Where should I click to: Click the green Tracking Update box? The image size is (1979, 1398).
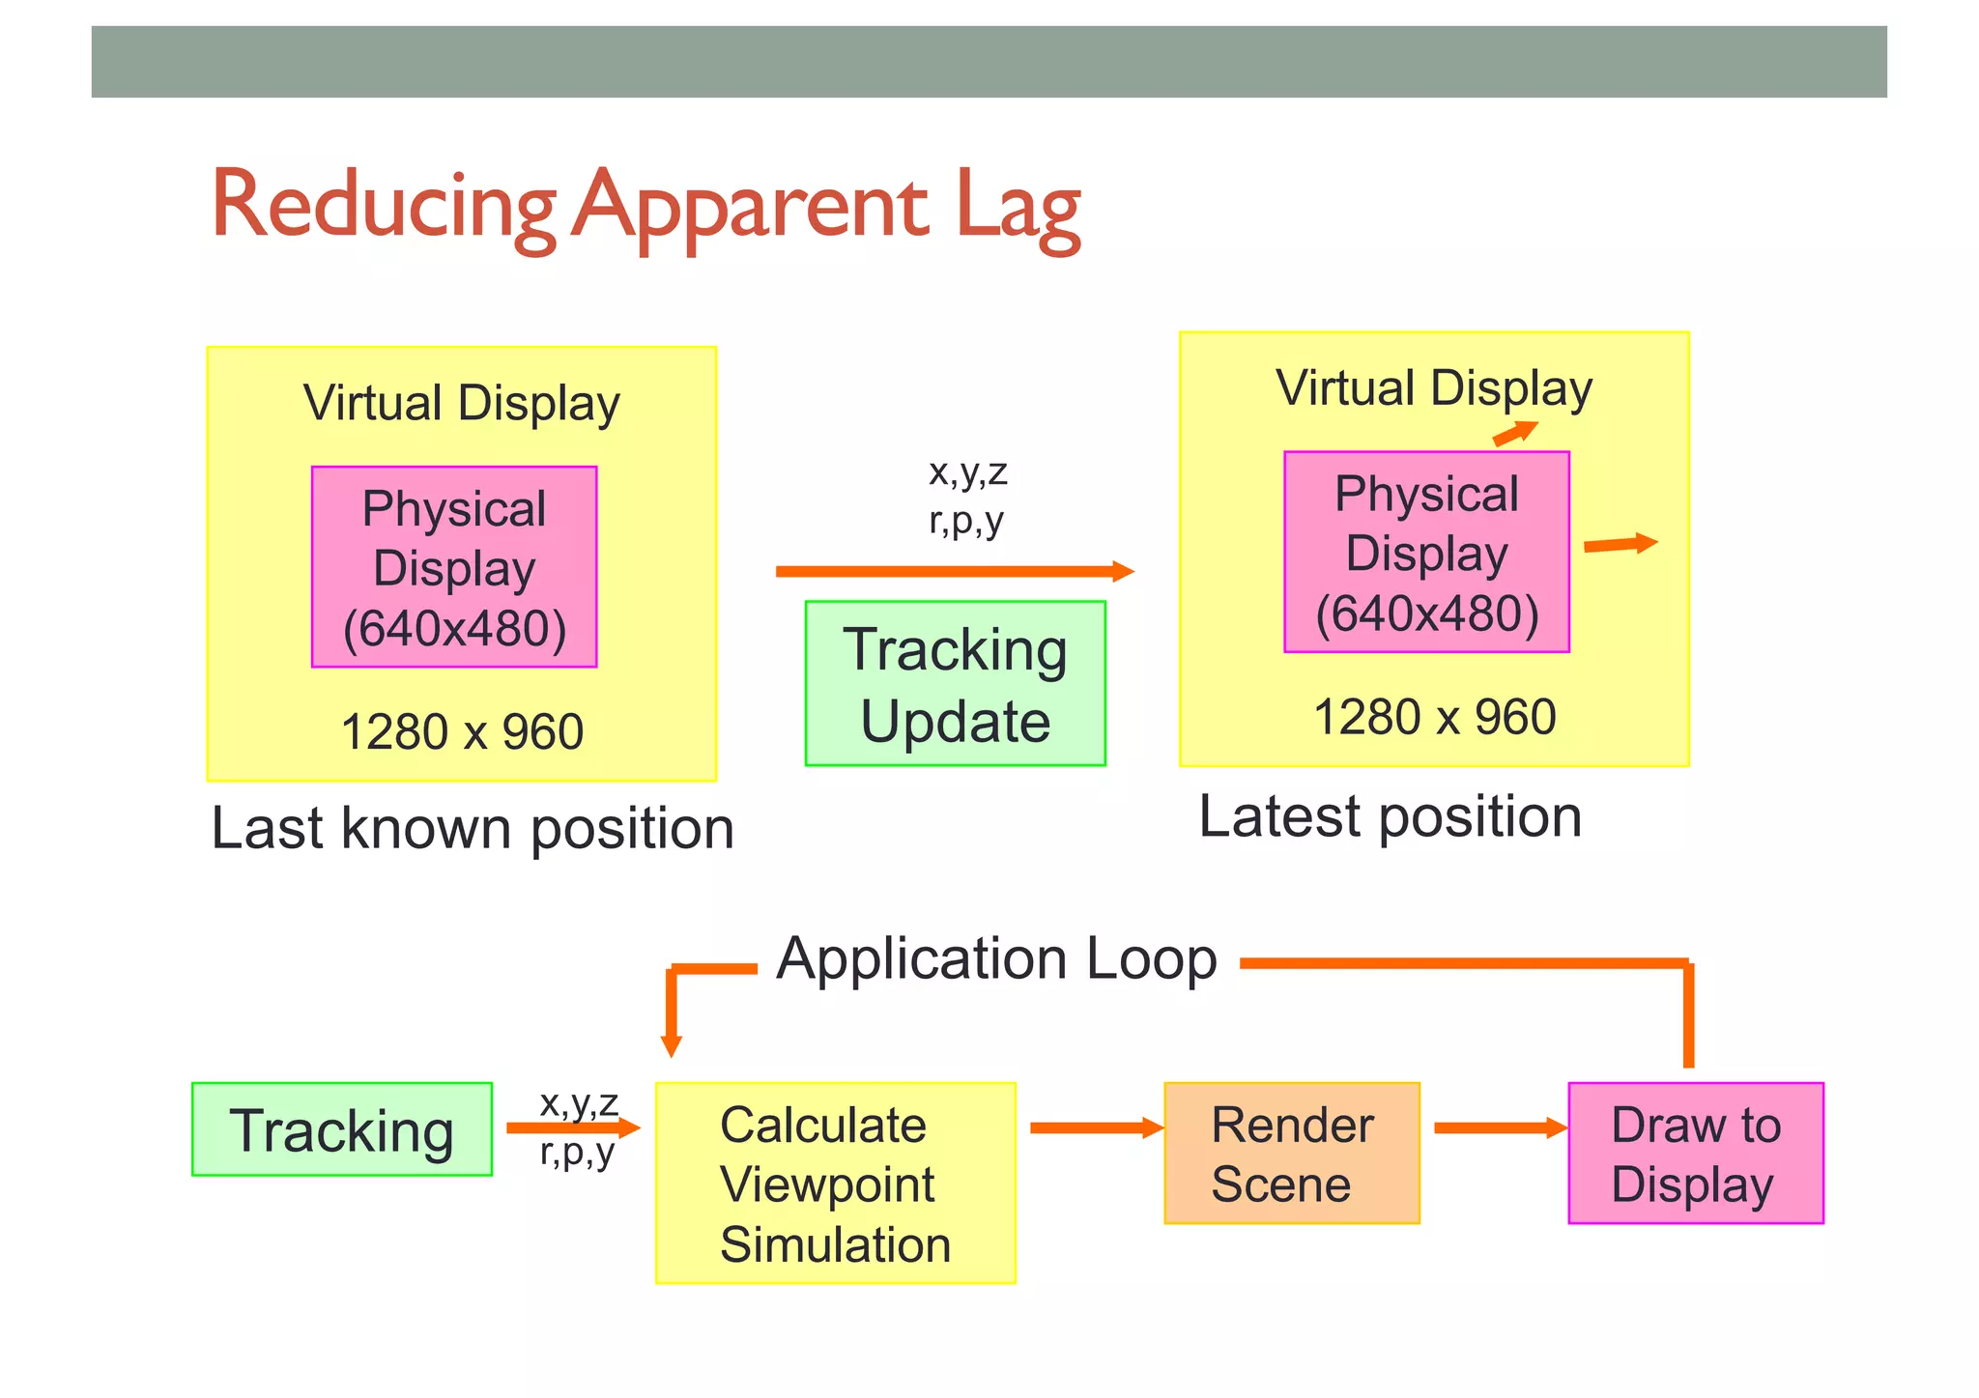coord(955,684)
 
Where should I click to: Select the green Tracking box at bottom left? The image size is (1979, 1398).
coord(342,1129)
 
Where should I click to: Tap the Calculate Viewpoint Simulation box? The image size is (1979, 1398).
coord(835,1184)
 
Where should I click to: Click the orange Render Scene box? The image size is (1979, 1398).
coord(1292,1154)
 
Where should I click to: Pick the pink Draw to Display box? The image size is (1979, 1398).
coord(1696,1154)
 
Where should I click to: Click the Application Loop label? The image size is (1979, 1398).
coord(996,959)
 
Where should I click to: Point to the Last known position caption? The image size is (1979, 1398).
coord(473,829)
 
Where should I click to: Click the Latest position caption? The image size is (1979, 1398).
coord(1390,817)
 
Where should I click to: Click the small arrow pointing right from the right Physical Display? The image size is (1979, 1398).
coord(1620,545)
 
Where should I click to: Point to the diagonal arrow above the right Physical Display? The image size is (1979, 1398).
coord(1514,434)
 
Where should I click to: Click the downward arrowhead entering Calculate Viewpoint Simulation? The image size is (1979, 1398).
coord(672,1045)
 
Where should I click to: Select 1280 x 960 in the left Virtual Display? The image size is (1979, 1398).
coord(462,732)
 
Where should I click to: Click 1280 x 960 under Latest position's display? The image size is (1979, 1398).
coord(1435,718)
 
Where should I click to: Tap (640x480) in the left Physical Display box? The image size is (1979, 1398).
coord(454,629)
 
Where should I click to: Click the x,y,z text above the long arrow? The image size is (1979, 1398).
coord(967,472)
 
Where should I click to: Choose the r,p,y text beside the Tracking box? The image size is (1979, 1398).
coord(577,1152)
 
